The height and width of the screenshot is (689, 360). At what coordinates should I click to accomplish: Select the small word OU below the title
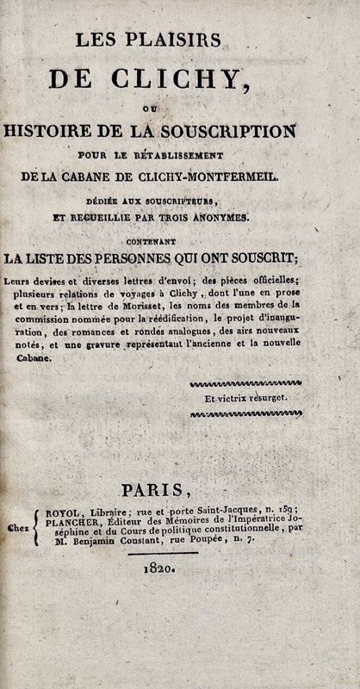pyautogui.click(x=175, y=108)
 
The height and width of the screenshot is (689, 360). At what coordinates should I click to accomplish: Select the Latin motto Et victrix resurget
pyautogui.click(x=245, y=398)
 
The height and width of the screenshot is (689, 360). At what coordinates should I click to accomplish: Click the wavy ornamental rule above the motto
pyautogui.click(x=245, y=382)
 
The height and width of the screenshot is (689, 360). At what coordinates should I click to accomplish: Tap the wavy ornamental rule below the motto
pyautogui.click(x=245, y=414)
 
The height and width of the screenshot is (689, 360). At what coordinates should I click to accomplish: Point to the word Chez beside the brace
pyautogui.click(x=16, y=530)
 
